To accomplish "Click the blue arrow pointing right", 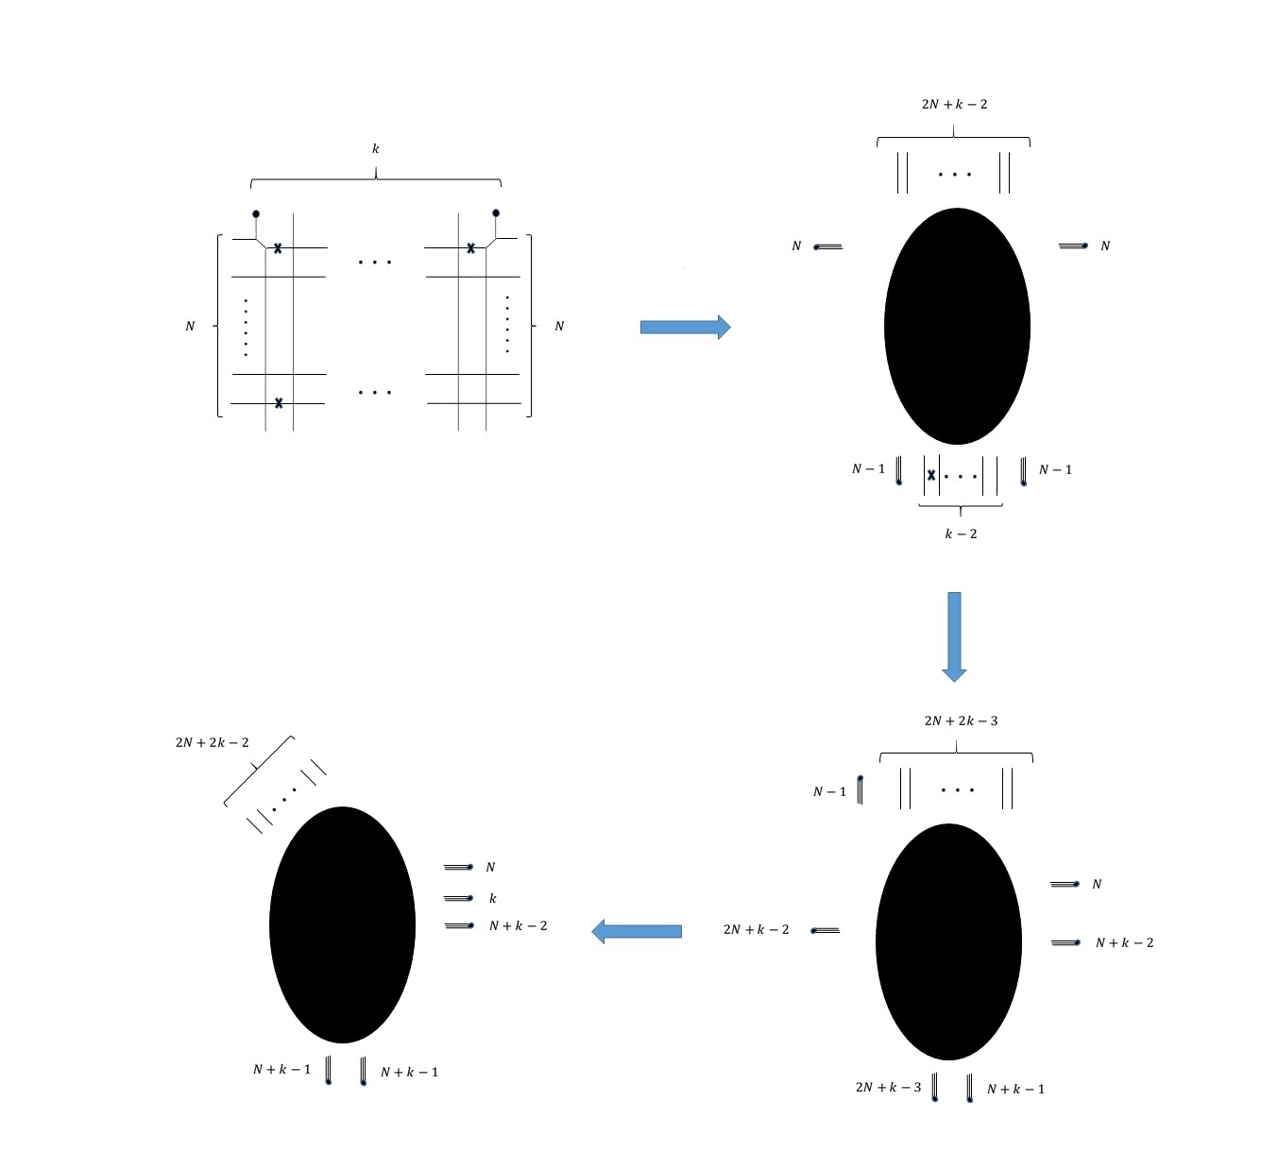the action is point(685,327).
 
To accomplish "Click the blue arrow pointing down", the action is point(954,636).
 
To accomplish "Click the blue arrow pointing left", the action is point(637,932).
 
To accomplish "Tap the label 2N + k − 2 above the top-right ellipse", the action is point(954,104).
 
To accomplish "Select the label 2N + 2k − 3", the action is point(961,720).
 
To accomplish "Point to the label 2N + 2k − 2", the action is point(212,742).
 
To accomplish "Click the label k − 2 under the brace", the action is point(961,534).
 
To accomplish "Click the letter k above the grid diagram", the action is point(375,148).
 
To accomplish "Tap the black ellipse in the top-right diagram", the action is point(957,326).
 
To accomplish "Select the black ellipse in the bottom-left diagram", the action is point(342,925).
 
